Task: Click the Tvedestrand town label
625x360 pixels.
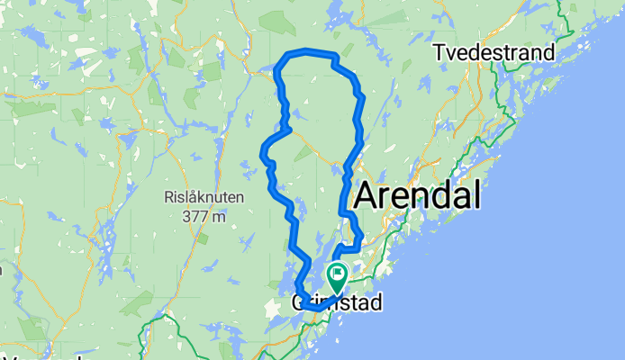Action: (x=494, y=52)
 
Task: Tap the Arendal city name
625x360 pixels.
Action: (x=418, y=193)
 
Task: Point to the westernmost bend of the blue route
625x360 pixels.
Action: (x=262, y=155)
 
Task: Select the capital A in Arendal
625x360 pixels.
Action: (x=369, y=194)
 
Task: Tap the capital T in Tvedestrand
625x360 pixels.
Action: (x=439, y=53)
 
